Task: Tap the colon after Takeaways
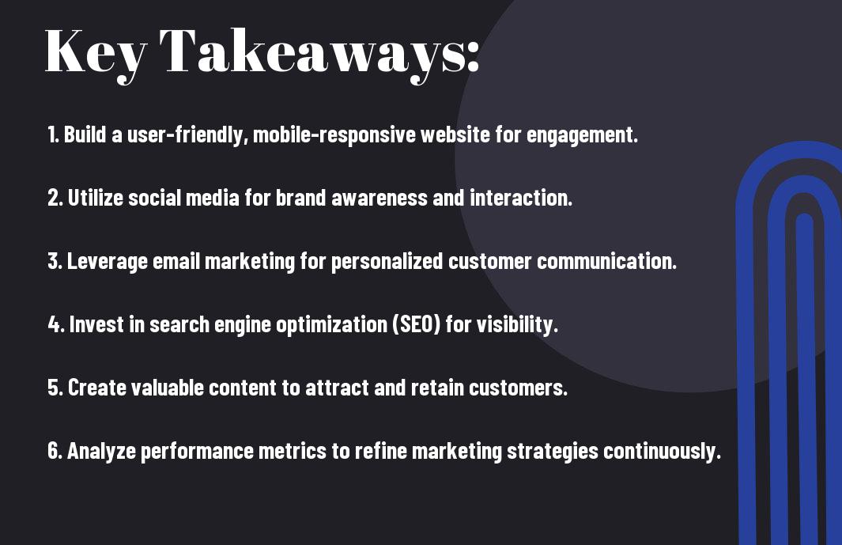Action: point(473,57)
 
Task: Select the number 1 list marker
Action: point(53,134)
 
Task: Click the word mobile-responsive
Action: point(334,134)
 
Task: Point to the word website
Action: point(455,134)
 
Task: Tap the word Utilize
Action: point(95,198)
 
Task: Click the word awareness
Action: point(379,198)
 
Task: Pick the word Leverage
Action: point(107,262)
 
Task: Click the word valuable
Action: point(167,388)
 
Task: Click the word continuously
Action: point(662,451)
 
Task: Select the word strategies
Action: point(553,451)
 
